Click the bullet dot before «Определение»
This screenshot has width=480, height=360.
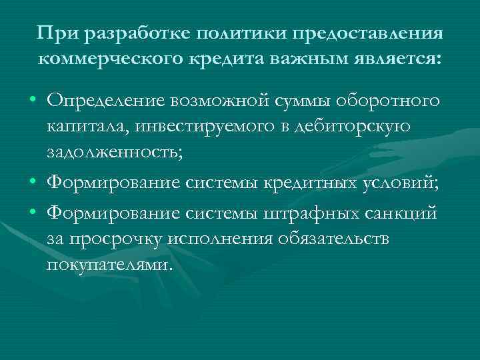tap(33, 100)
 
